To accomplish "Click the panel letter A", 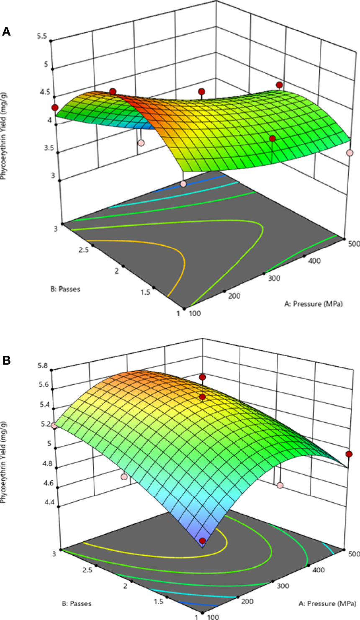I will (x=6, y=31).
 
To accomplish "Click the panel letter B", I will (x=6, y=360).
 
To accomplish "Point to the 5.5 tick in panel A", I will (x=41, y=36).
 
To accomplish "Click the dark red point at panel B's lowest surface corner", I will (x=203, y=541).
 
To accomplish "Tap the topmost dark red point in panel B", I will (x=203, y=377).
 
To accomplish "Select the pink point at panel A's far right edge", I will (x=350, y=153).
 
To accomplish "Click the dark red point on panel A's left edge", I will (x=54, y=108).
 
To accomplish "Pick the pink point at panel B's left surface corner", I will (x=54, y=425).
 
